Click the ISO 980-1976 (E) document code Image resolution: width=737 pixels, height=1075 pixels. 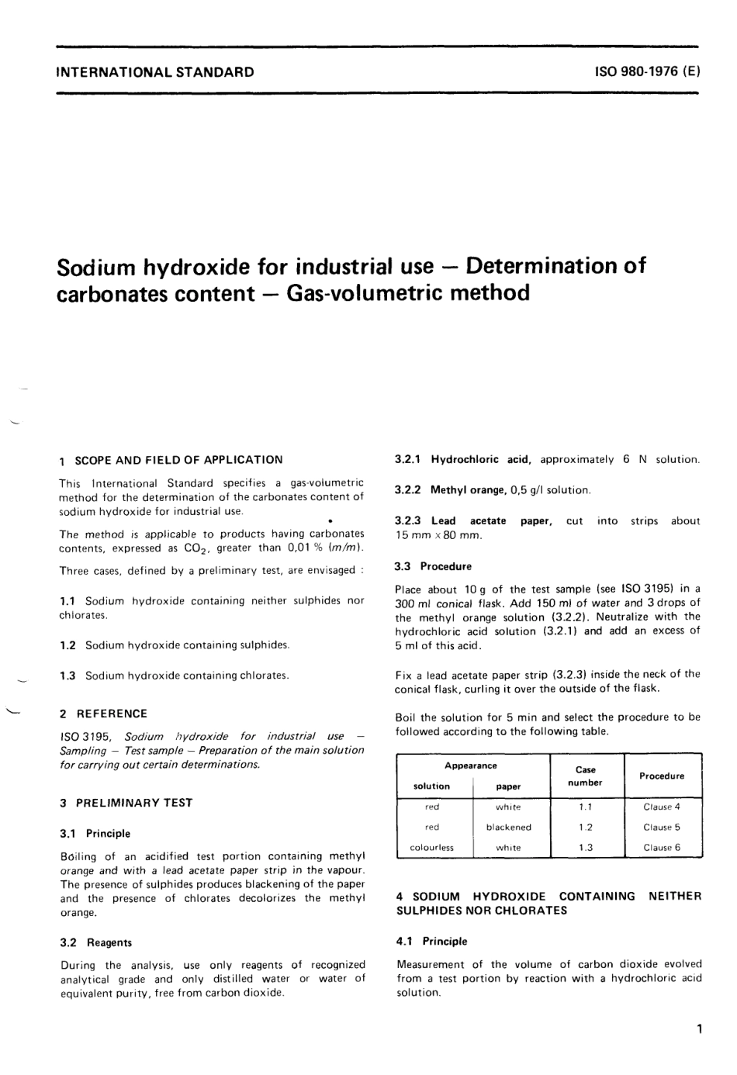tap(647, 72)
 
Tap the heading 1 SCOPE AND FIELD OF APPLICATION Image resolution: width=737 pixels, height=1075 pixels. tap(171, 460)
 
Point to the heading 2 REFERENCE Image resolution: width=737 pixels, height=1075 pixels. tap(103, 714)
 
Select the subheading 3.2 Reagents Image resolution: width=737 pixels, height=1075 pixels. tap(95, 942)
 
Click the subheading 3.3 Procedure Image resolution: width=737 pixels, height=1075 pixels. tap(433, 566)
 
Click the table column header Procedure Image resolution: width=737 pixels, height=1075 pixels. tap(662, 776)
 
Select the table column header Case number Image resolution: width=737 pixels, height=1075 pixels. tap(586, 776)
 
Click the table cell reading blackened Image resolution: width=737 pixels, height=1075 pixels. tap(508, 827)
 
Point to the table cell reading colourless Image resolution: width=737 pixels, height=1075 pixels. tap(431, 848)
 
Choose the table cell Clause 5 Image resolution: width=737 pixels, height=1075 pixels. tap(662, 827)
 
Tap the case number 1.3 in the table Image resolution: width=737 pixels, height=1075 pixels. tap(586, 848)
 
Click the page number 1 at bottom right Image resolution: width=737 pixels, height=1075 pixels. tap(698, 1030)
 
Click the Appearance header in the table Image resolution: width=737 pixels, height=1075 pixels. tap(471, 766)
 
